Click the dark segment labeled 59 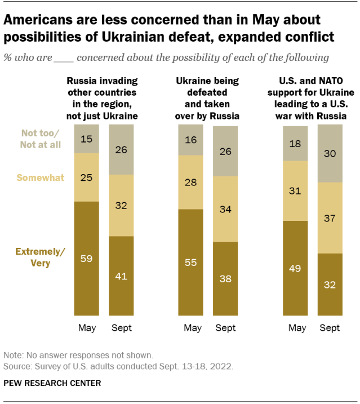(x=87, y=258)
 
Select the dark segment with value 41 (x=121, y=276)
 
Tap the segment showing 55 (x=190, y=262)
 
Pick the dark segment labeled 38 (x=225, y=278)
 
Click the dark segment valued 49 (x=295, y=268)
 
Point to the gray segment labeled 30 (x=330, y=153)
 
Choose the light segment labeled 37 (x=330, y=217)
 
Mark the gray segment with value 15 (x=87, y=139)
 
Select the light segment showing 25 (x=87, y=177)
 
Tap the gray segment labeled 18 (x=295, y=143)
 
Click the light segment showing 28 (x=190, y=182)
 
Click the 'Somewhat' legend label (x=41, y=177)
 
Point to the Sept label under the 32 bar (x=330, y=328)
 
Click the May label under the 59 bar (x=87, y=328)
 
